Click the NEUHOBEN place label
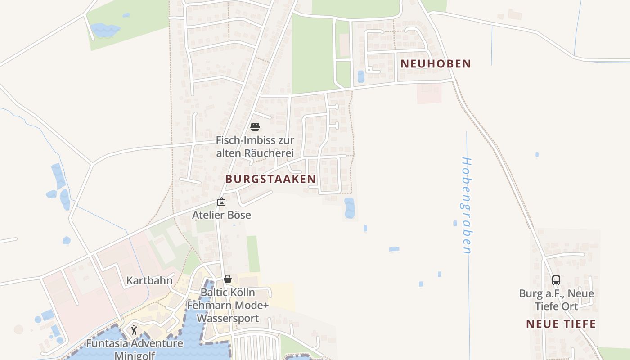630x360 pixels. (436, 64)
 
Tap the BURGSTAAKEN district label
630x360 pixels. (270, 179)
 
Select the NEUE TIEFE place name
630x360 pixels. (561, 324)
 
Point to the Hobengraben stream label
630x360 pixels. (467, 205)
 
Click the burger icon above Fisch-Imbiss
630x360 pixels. (255, 127)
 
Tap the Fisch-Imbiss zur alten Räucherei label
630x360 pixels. (255, 147)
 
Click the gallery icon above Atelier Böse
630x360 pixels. (221, 202)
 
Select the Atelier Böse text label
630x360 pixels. (221, 215)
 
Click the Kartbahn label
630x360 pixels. (149, 281)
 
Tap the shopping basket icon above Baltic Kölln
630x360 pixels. (228, 279)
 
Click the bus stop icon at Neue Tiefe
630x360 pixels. (556, 280)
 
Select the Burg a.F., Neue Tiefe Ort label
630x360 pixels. (556, 300)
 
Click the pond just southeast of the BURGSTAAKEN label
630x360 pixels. (349, 207)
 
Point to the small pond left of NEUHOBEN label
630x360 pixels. (361, 76)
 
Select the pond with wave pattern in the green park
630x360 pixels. (104, 30)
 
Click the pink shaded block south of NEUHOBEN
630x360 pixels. (429, 93)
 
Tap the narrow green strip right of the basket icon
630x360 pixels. (253, 254)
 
